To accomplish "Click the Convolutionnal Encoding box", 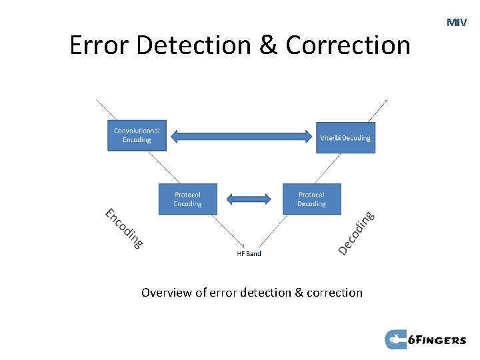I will point(137,135).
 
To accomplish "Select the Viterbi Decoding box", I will point(345,138).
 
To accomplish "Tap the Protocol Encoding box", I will point(188,199).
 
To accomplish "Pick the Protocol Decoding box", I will point(311,199).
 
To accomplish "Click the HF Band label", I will point(249,253).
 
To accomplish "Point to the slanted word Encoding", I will point(124,228).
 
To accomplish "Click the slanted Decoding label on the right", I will point(356,233).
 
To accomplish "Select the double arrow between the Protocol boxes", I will point(249,199).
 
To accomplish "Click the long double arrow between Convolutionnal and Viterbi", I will point(241,137).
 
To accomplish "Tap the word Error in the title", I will point(97,45).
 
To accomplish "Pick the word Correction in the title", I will point(349,45).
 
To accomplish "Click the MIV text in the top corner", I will point(457,23).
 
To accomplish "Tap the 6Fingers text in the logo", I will point(437,340).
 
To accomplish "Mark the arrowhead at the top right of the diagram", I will point(385,101).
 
